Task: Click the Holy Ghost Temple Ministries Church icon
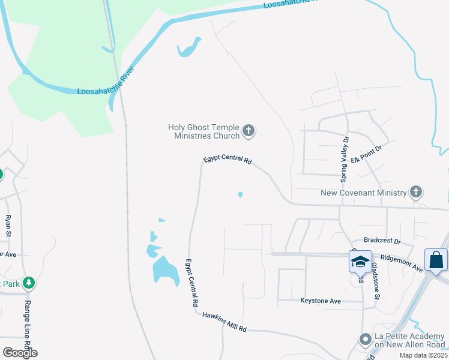point(249,131)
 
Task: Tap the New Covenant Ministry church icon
point(416,193)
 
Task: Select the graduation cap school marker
point(360,262)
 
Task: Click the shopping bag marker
point(436,260)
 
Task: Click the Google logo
point(20,353)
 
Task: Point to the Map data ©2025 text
point(423,355)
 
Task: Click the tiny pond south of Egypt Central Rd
point(240,194)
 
